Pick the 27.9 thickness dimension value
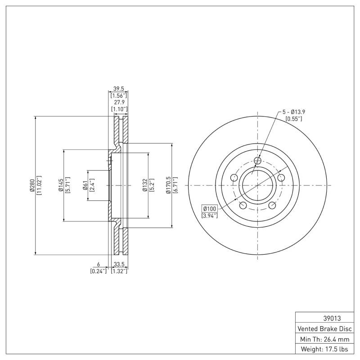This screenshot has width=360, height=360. tap(119, 103)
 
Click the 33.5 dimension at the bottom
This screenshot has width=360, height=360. tap(119, 264)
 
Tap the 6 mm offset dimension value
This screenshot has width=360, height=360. tap(99, 264)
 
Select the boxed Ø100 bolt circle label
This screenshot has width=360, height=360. tap(210, 209)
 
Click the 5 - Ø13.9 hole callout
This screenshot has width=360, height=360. tap(294, 112)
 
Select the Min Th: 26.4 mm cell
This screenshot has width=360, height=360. tap(324, 338)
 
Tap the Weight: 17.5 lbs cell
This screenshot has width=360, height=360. tap(324, 349)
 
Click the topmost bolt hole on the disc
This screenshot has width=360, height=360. tap(257, 161)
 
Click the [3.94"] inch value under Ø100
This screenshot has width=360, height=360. tap(210, 216)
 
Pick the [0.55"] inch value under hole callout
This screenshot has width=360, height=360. tap(294, 119)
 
